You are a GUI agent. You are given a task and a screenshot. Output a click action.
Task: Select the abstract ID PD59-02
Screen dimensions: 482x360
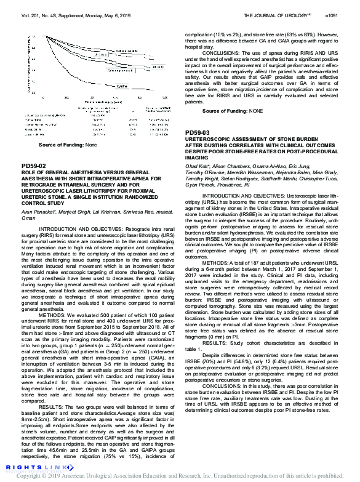34,166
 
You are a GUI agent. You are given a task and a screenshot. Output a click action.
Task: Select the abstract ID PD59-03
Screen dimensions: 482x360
198,132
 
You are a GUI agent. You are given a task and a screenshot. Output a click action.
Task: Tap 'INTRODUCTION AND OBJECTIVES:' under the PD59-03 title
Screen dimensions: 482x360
242,195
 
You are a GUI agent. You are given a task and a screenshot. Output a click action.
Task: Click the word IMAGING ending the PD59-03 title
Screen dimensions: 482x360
197,158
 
